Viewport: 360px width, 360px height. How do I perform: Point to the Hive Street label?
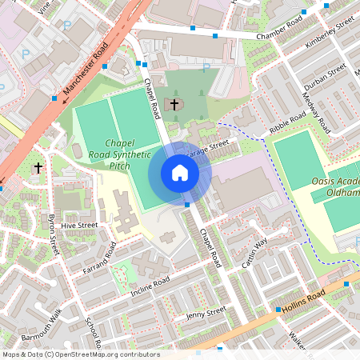78,226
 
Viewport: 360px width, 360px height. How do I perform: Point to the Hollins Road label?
303,302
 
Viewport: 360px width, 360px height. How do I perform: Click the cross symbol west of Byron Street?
38,168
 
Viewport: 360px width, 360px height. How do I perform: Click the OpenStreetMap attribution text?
81,354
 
